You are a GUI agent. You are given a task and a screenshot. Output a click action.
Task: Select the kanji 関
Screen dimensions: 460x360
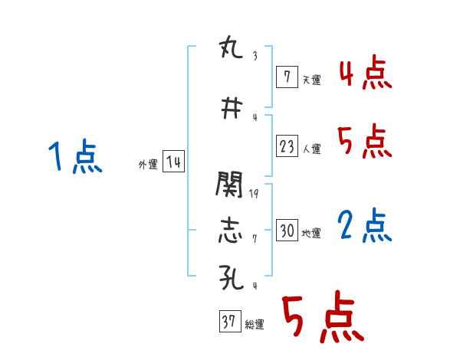[x=231, y=184]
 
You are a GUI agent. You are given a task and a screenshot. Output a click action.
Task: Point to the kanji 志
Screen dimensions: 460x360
[x=231, y=230]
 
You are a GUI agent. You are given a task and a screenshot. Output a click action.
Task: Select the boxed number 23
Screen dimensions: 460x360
[x=287, y=146]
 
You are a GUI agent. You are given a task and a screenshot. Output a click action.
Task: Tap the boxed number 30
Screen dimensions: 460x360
[x=287, y=231]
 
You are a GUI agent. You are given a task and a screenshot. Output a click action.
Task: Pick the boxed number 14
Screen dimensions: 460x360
[x=173, y=162]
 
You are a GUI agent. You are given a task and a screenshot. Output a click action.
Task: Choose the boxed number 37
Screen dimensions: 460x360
[x=230, y=322]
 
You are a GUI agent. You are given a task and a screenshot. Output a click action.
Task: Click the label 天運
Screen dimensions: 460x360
[x=311, y=79]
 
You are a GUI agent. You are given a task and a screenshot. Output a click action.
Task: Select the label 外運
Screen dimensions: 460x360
[x=148, y=165]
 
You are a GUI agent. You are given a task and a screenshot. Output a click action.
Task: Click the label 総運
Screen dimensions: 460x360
[x=255, y=326]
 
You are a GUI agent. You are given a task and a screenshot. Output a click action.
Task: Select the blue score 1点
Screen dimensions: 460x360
[x=74, y=158]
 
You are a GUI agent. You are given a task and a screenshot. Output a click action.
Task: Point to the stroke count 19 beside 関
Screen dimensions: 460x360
[x=254, y=194]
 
